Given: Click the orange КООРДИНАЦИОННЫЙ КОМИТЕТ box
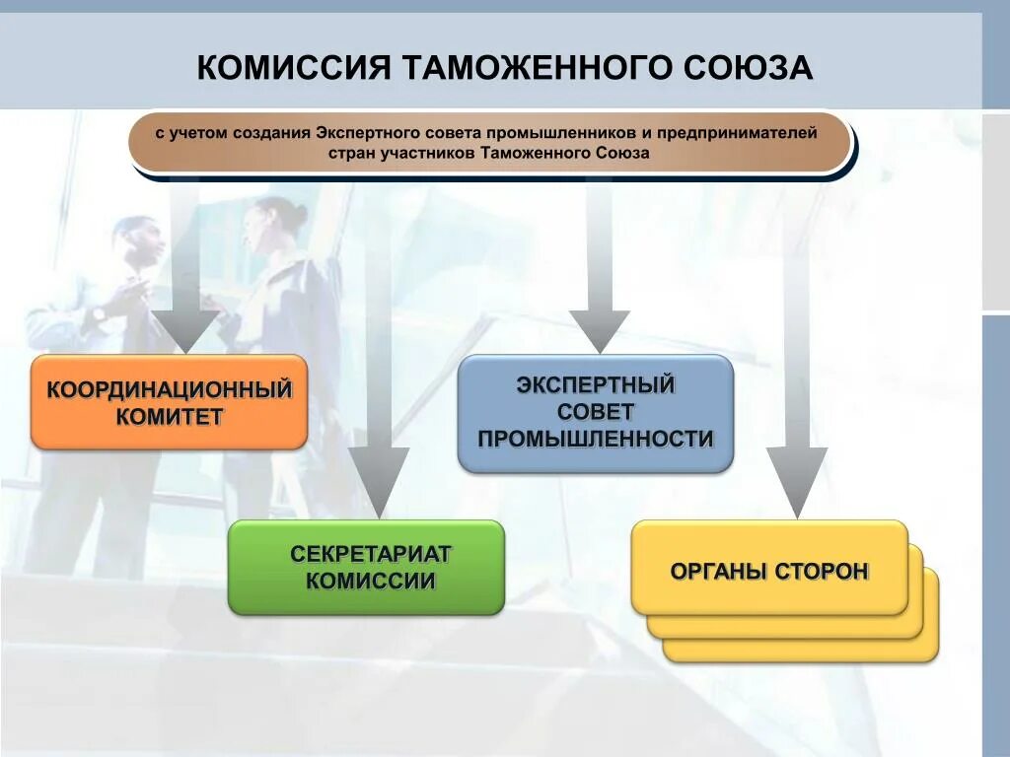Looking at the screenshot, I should tap(169, 402).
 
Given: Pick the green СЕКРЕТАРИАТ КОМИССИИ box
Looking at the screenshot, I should tap(366, 568).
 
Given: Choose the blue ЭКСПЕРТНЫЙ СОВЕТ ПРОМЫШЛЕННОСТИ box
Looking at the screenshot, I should tap(596, 413).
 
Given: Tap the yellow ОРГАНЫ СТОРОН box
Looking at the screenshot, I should tap(769, 569).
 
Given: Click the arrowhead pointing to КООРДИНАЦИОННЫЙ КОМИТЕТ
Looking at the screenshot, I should tap(183, 331).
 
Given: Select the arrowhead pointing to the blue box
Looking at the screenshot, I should tap(599, 330).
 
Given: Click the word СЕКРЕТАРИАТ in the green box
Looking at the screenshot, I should tap(370, 554).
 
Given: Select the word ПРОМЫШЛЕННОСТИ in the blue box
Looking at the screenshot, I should tap(596, 440).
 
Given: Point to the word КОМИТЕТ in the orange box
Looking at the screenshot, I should tap(170, 416).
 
